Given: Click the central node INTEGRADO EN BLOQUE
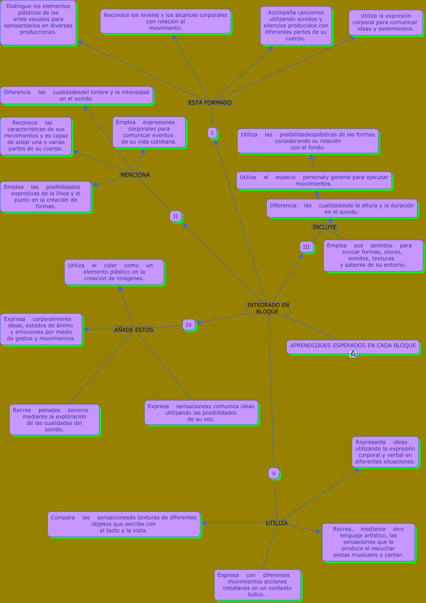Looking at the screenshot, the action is [268, 308].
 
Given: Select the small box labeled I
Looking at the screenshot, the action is [212, 133].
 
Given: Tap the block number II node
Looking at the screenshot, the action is [176, 216].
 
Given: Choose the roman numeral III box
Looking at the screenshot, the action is [306, 247].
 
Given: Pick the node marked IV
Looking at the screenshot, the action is [188, 325].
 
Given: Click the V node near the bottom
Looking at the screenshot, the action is [273, 473].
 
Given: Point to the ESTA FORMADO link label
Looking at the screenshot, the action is [210, 102].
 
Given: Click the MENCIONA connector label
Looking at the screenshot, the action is [135, 175].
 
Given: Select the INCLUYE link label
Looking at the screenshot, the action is [324, 227].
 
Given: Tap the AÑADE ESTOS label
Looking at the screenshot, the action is [134, 330].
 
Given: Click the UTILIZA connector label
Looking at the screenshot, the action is [276, 523].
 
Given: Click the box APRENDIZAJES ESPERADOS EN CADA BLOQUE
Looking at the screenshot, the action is [353, 346].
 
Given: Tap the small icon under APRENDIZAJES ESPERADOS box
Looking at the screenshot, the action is [353, 354].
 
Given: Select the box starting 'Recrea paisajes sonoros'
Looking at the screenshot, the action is [54, 420].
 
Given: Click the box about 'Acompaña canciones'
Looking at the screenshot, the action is [296, 26].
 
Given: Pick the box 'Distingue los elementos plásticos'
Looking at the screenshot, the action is [38, 23].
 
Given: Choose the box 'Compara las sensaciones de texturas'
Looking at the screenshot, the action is [123, 524].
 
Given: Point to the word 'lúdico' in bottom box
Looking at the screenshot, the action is [256, 595].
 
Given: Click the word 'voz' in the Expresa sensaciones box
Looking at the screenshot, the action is [208, 419].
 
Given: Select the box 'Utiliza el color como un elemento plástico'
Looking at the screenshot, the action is [114, 272].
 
